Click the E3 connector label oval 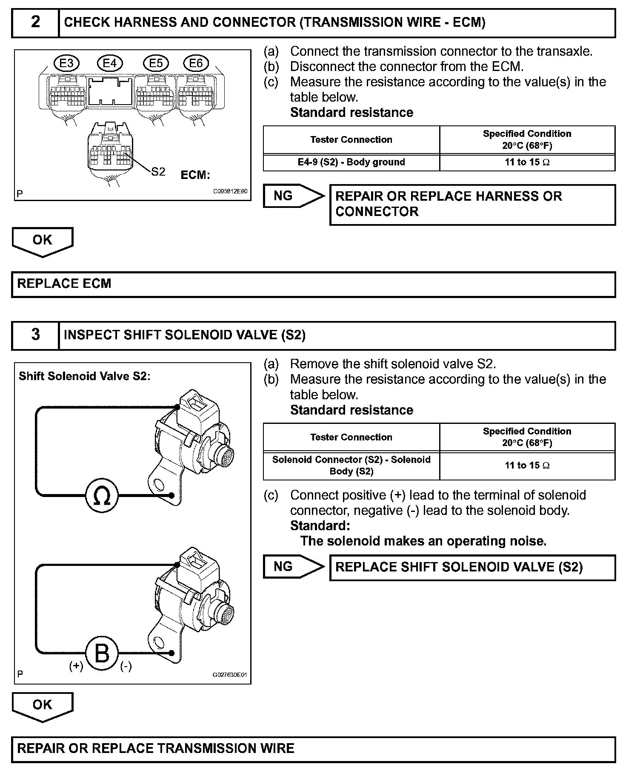(x=67, y=64)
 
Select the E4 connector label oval (x=110, y=64)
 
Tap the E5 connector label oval (x=156, y=64)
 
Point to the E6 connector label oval (x=196, y=64)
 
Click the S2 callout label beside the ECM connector (x=158, y=172)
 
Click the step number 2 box (x=35, y=23)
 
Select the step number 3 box (x=35, y=335)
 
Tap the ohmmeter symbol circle (x=102, y=495)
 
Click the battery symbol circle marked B (x=102, y=653)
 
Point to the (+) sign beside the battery (x=76, y=666)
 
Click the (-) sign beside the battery (x=126, y=666)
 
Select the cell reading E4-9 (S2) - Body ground (x=351, y=162)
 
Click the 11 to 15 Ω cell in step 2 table (x=527, y=162)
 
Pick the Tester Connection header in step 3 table (x=351, y=437)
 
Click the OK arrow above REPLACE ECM (x=43, y=241)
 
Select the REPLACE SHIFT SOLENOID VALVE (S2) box (x=472, y=568)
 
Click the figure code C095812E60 (x=230, y=192)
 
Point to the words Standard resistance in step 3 (x=351, y=410)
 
